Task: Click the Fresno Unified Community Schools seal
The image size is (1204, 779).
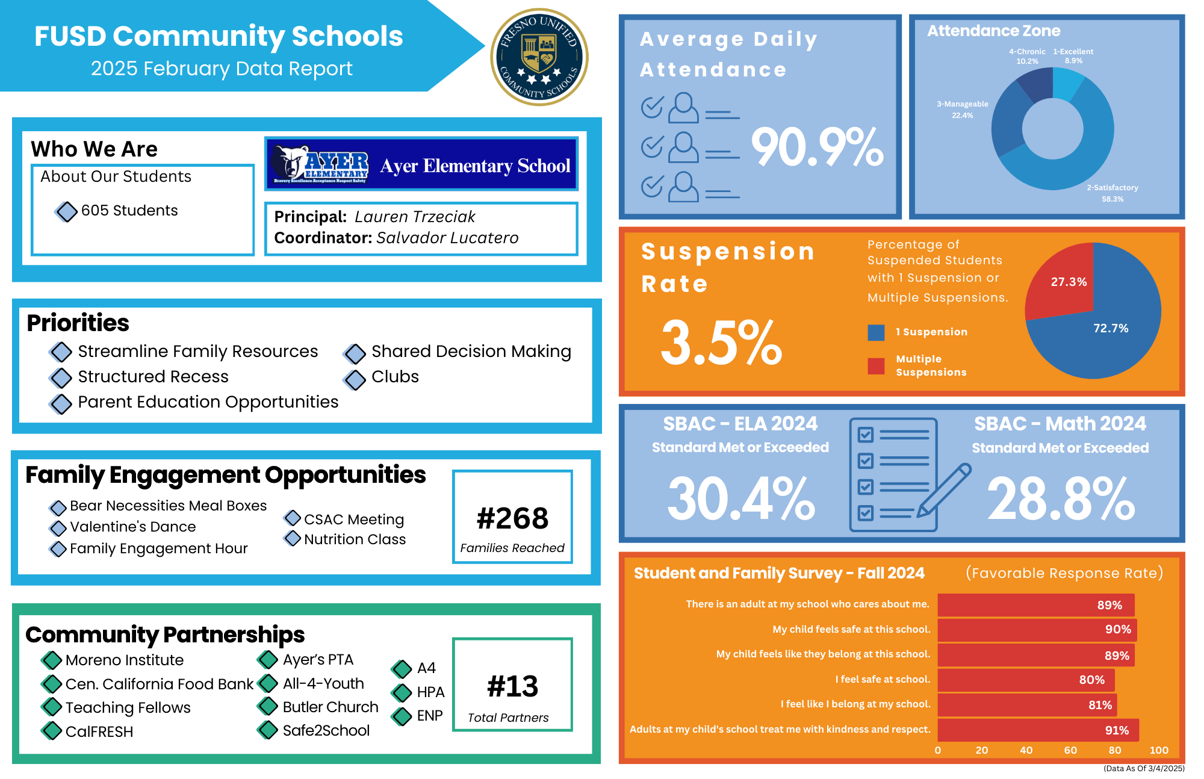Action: point(539,57)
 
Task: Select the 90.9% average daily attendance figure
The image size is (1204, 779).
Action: point(817,147)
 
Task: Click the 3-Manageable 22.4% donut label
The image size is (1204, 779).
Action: point(962,110)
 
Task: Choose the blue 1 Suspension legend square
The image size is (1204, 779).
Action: point(876,332)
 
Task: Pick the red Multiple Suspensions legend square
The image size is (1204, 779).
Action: point(876,366)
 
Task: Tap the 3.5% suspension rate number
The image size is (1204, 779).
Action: point(721,343)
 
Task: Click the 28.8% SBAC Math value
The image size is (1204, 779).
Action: point(1061,498)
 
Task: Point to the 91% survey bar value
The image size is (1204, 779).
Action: point(1117,730)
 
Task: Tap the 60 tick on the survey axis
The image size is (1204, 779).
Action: point(1070,750)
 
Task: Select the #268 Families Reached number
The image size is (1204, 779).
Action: point(512,518)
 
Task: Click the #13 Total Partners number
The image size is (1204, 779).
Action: point(512,686)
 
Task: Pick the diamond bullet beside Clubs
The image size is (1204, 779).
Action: point(355,379)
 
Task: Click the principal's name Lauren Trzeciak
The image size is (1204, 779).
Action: point(415,217)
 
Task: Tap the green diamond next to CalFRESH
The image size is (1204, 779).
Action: point(52,731)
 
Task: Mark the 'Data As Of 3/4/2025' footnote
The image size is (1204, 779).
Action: point(1144,768)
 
